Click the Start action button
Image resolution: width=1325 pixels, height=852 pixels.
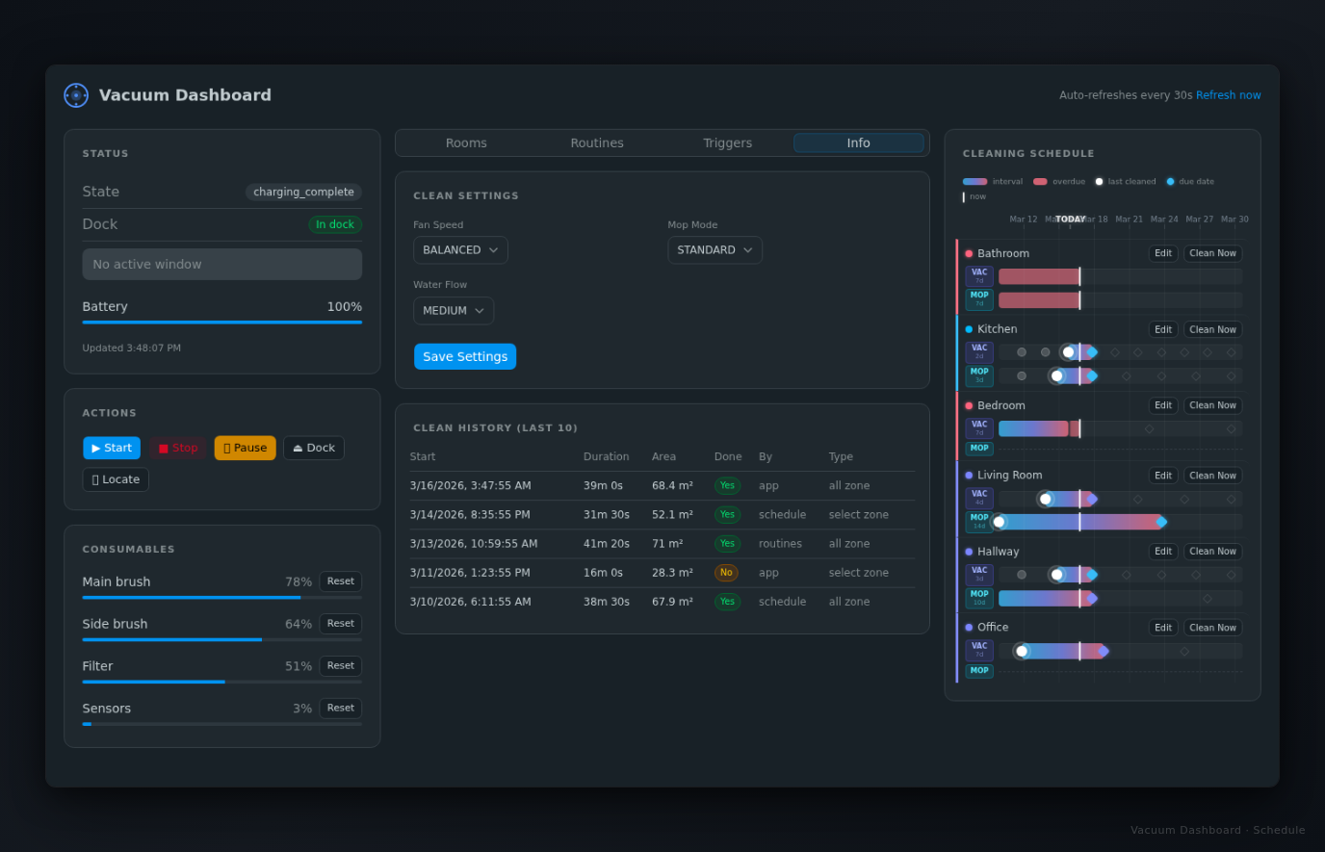coord(112,448)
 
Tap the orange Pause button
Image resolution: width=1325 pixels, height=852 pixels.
coord(245,448)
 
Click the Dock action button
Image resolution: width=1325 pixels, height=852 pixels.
coord(314,448)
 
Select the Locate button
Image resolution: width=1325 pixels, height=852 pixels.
coord(116,479)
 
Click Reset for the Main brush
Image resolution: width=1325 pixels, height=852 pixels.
coord(340,581)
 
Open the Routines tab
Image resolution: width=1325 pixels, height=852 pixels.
coord(597,143)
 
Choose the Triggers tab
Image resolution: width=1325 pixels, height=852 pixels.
coord(727,143)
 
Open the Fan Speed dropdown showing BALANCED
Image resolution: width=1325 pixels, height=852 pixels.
coord(460,250)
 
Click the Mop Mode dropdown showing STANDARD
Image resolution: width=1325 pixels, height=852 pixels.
coord(714,250)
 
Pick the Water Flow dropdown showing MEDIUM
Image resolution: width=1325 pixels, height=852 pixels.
coord(454,311)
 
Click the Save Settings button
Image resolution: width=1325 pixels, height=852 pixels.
coord(465,356)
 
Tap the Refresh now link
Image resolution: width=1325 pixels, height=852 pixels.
coord(1228,95)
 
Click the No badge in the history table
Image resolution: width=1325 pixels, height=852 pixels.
coord(726,573)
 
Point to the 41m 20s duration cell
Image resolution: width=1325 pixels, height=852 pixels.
coord(607,544)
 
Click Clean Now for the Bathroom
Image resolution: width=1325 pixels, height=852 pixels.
coord(1212,253)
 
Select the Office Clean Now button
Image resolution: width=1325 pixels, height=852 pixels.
coord(1212,628)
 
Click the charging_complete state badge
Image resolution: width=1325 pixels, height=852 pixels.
coord(303,192)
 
